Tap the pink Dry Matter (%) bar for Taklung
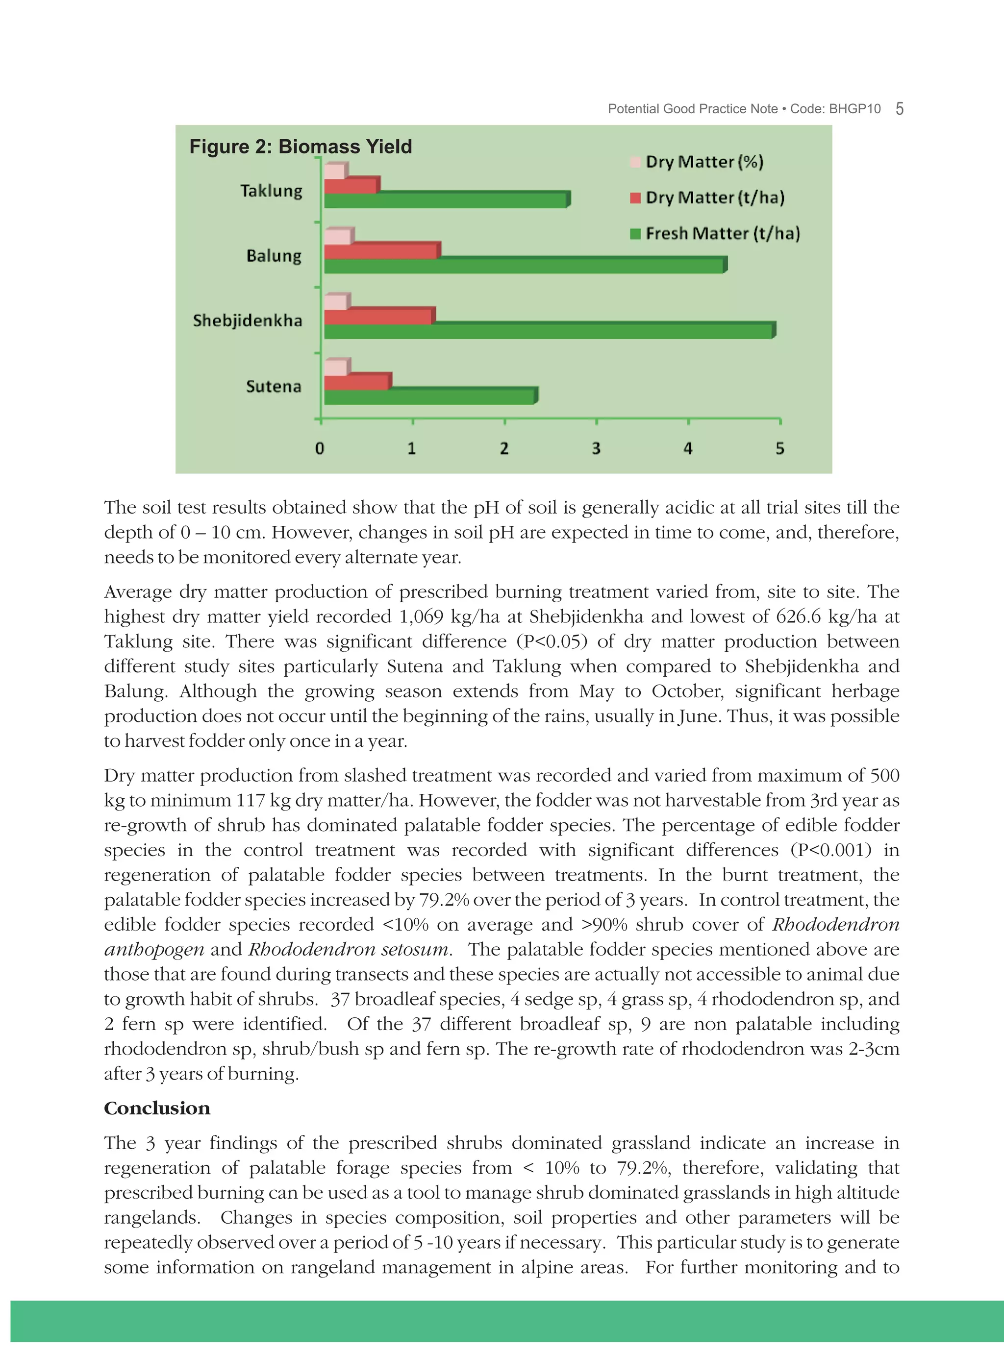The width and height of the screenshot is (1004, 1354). tap(334, 172)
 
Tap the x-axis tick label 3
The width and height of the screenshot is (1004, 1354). tap(596, 449)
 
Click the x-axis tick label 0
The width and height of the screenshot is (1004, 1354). tap(320, 449)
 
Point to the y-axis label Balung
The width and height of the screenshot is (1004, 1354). tap(274, 256)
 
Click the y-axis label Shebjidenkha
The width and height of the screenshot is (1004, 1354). tap(248, 320)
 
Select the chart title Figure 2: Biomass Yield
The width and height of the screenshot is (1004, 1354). tap(300, 147)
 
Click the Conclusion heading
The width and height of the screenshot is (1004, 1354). tap(157, 1108)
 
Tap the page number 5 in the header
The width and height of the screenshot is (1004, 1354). tap(900, 109)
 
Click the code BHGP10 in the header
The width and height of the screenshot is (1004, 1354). tap(854, 109)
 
